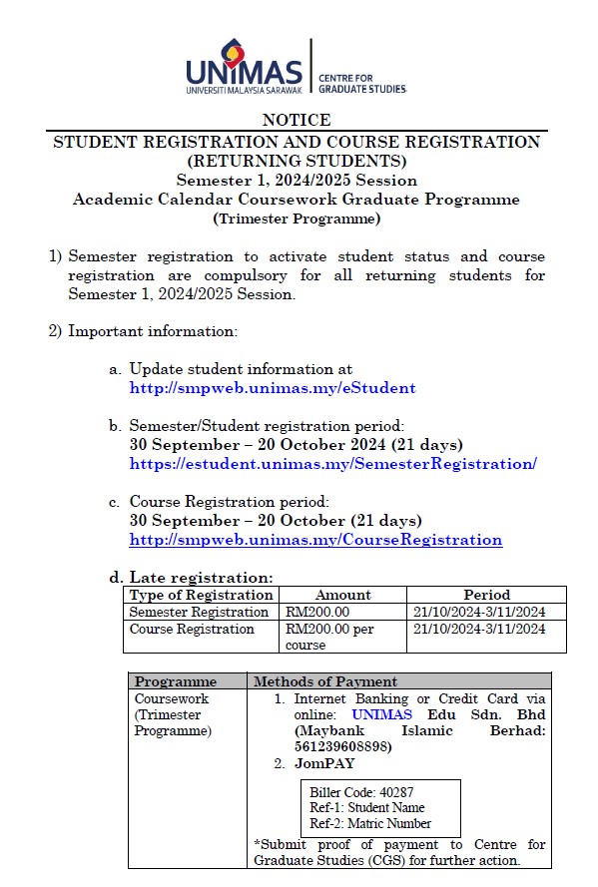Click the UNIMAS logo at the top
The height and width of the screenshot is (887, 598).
[245, 65]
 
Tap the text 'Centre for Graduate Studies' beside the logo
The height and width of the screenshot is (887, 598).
[360, 83]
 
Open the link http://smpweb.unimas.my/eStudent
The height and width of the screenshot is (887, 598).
[273, 387]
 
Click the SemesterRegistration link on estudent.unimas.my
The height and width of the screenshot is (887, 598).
[333, 463]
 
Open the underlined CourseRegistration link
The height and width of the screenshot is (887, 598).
[315, 540]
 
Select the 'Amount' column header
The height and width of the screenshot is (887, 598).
[342, 595]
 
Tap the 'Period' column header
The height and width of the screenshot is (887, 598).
[486, 595]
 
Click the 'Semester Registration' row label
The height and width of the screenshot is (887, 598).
[199, 612]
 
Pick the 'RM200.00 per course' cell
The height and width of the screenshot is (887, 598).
[329, 637]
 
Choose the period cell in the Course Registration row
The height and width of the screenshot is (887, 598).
[478, 630]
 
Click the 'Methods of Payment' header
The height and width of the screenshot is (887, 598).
[325, 681]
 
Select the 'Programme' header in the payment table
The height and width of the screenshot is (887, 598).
[176, 681]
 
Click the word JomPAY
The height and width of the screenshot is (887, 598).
[324, 763]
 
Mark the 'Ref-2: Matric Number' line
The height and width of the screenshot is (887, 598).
[370, 823]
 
